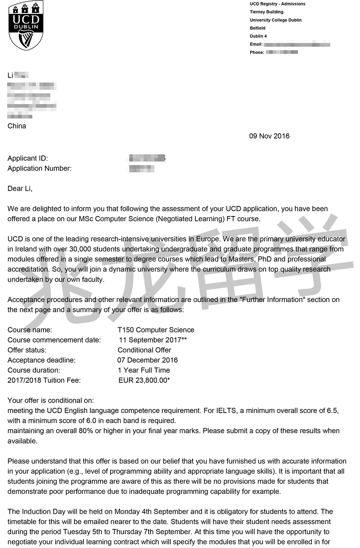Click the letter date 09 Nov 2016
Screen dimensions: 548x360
click(269, 136)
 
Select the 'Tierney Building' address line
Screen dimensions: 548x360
click(266, 12)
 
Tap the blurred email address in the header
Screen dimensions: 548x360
click(297, 45)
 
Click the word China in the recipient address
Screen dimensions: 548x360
click(17, 126)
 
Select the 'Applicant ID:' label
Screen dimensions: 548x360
click(28, 158)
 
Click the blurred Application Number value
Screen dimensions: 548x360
click(141, 169)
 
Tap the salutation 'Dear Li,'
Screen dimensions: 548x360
click(20, 189)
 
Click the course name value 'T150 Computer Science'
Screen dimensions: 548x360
click(156, 330)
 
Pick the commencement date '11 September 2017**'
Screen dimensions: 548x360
click(153, 340)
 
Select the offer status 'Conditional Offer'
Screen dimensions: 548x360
click(144, 350)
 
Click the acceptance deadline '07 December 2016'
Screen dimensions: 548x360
click(148, 360)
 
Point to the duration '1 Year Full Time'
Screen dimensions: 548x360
click(144, 370)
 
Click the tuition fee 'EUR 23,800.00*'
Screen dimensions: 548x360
click(144, 380)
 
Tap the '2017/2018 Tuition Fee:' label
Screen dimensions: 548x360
click(44, 380)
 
